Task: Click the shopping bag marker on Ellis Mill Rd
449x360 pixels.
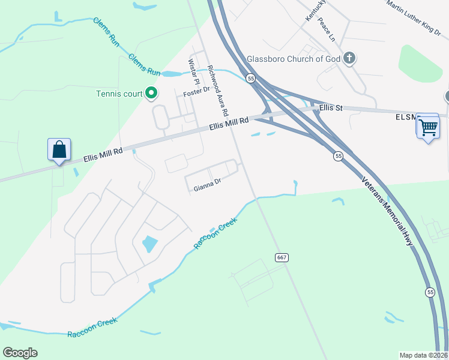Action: coord(59,149)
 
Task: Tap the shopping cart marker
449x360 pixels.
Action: coord(427,127)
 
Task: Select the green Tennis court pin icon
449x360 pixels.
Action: coord(152,93)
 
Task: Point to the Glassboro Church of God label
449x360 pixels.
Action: coord(294,59)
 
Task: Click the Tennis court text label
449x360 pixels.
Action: coord(119,94)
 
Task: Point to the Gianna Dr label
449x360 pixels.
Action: coord(208,188)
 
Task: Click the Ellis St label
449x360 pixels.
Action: coord(331,108)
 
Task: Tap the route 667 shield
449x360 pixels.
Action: coord(282,257)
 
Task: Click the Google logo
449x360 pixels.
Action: coord(20,353)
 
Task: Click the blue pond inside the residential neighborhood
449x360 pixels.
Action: coord(149,244)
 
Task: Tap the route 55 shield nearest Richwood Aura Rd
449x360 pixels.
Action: coord(250,79)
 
